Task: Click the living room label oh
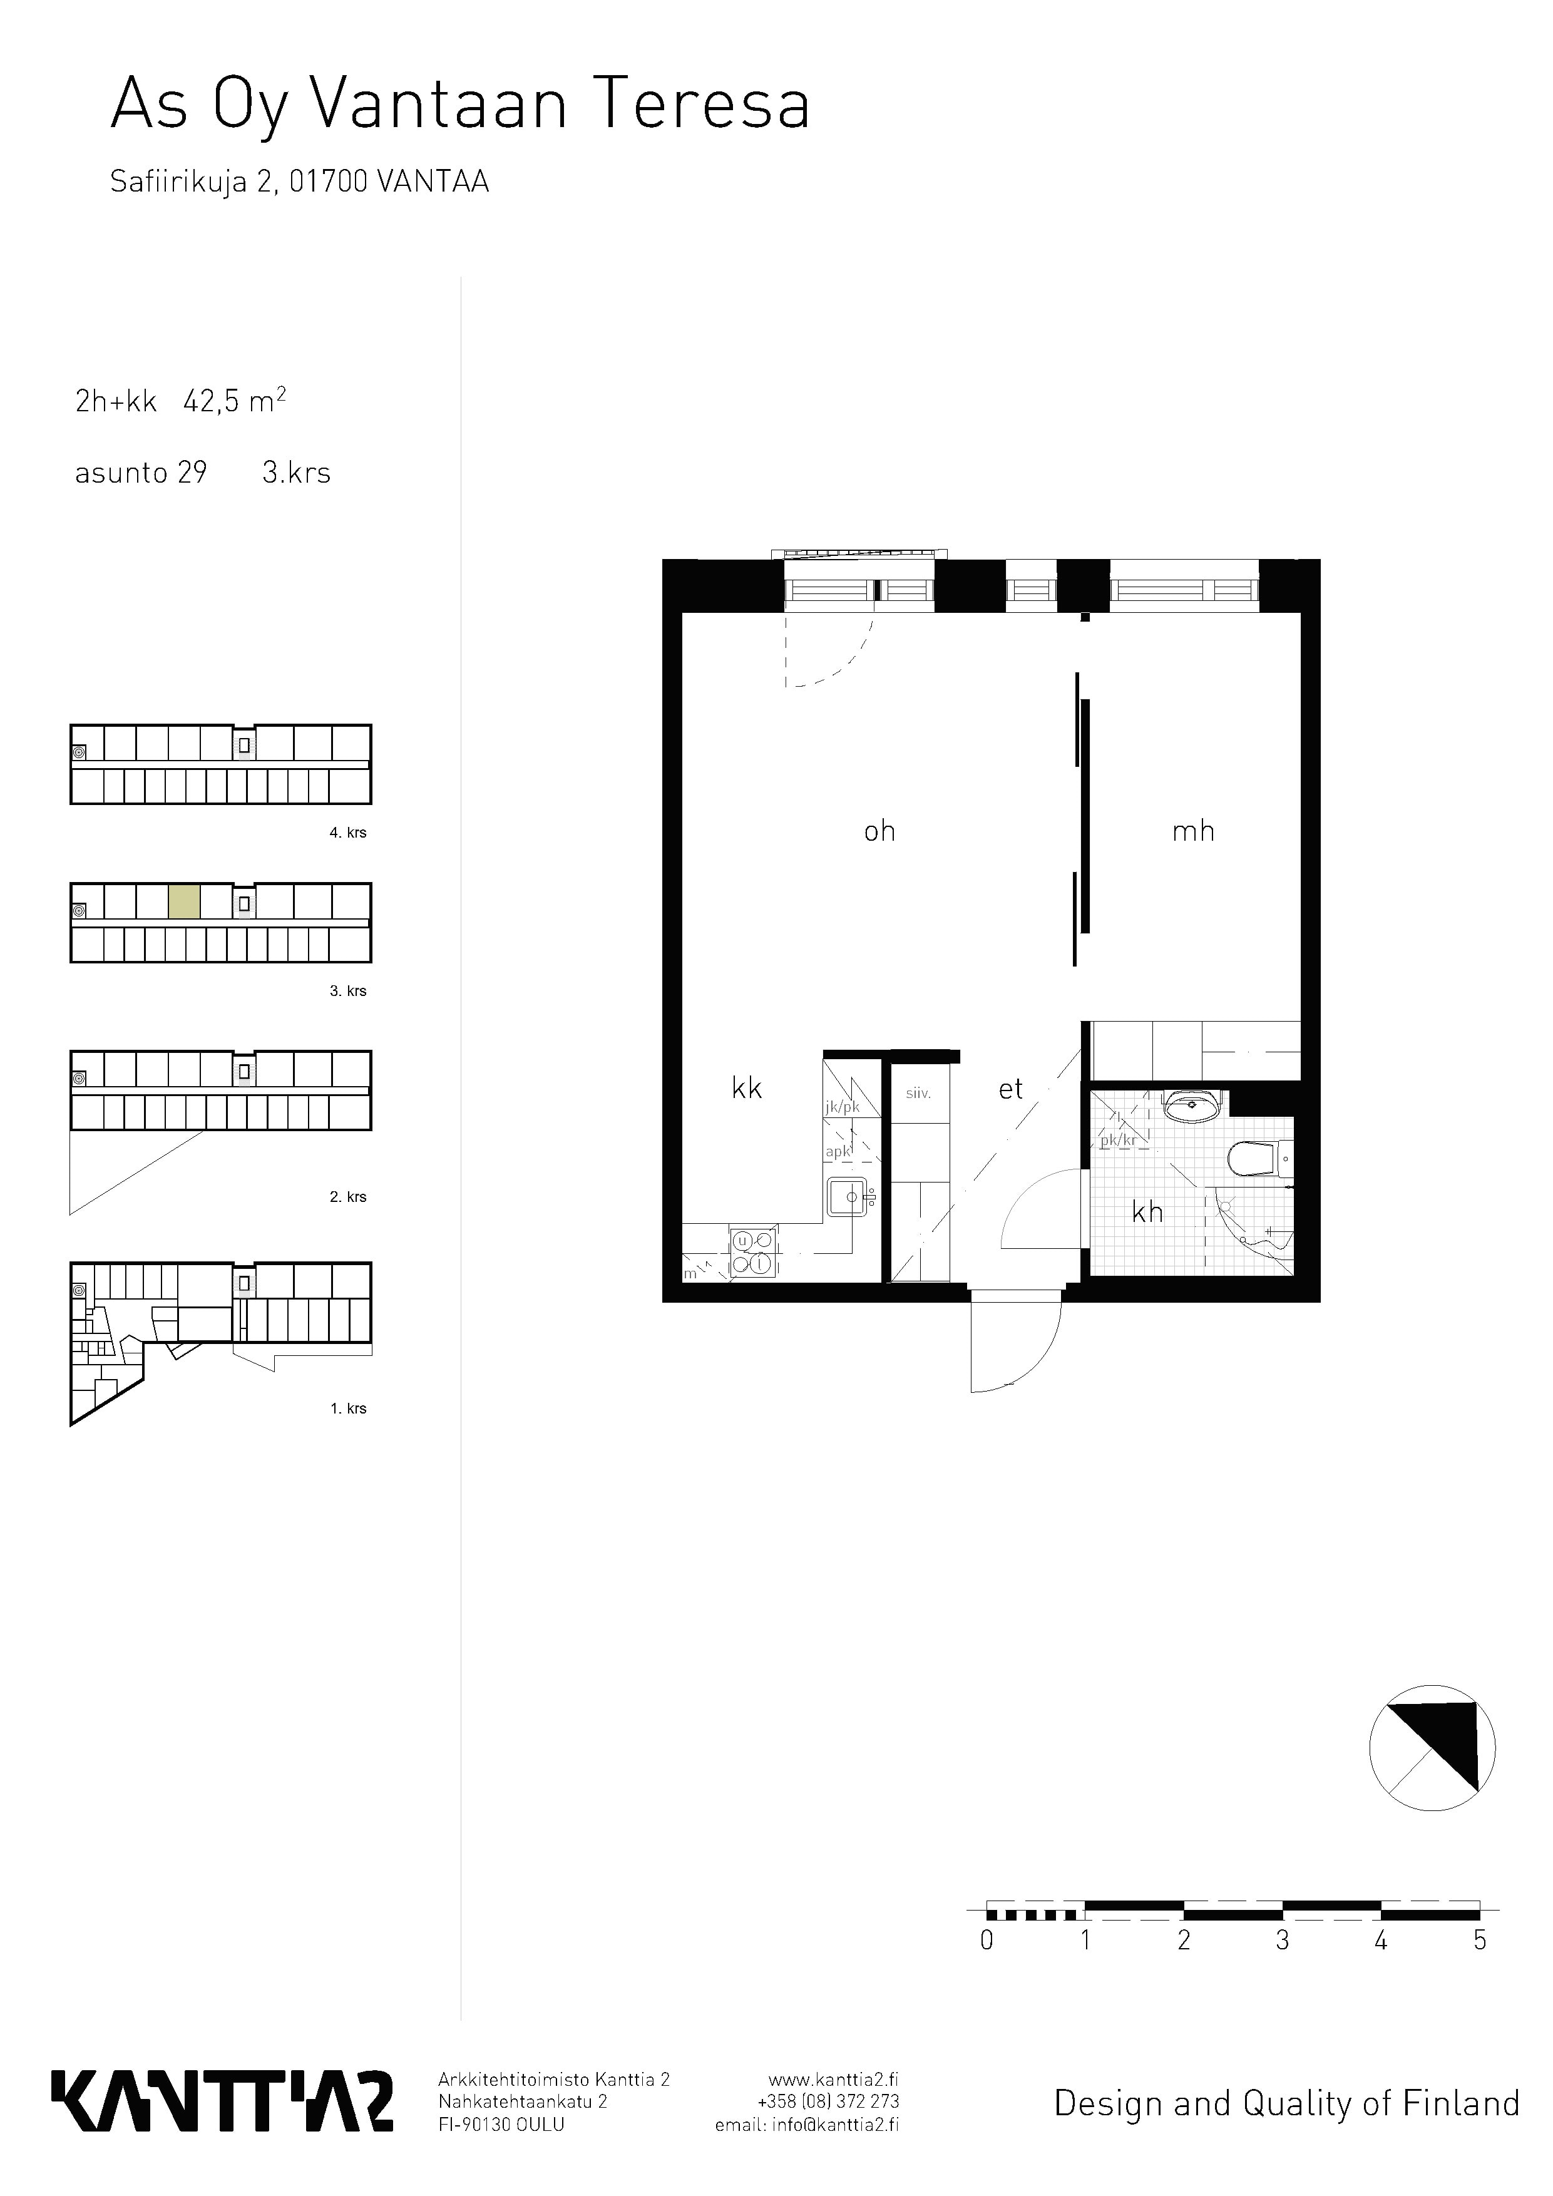[879, 831]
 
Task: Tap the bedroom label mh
[1194, 831]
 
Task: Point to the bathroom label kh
[1147, 1212]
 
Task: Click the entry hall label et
[1011, 1089]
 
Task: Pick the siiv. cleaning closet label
[918, 1093]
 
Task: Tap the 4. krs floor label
[348, 833]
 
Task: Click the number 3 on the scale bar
[1283, 1941]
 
